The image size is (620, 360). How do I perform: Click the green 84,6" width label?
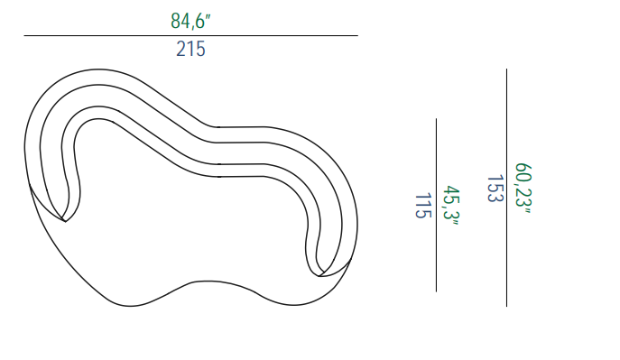point(190,21)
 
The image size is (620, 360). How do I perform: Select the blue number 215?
point(190,50)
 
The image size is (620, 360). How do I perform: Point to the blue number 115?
point(422,206)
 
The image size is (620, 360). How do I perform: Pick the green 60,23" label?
point(523,188)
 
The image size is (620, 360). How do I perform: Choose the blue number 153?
point(495,189)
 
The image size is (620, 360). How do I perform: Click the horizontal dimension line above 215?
point(191,35)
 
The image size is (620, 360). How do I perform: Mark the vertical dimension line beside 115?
point(436,205)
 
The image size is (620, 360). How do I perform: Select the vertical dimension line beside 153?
point(506,188)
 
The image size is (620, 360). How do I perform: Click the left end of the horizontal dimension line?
point(24,35)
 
